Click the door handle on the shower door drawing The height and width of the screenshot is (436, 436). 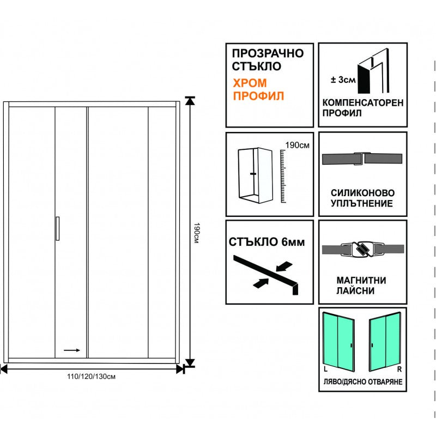(x=57, y=228)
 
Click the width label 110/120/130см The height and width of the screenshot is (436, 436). (x=92, y=377)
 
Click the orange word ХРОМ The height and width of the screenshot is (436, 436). (x=250, y=83)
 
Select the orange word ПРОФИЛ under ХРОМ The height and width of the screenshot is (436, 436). (x=259, y=97)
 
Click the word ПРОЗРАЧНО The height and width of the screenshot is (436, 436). (x=268, y=53)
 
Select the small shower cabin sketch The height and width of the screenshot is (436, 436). (x=255, y=174)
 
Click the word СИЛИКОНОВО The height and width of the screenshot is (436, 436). (x=362, y=193)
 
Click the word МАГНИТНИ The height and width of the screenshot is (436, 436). (x=361, y=281)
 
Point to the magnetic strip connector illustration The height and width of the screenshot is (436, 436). (x=361, y=250)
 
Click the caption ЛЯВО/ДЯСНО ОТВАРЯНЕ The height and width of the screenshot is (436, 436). (x=362, y=382)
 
